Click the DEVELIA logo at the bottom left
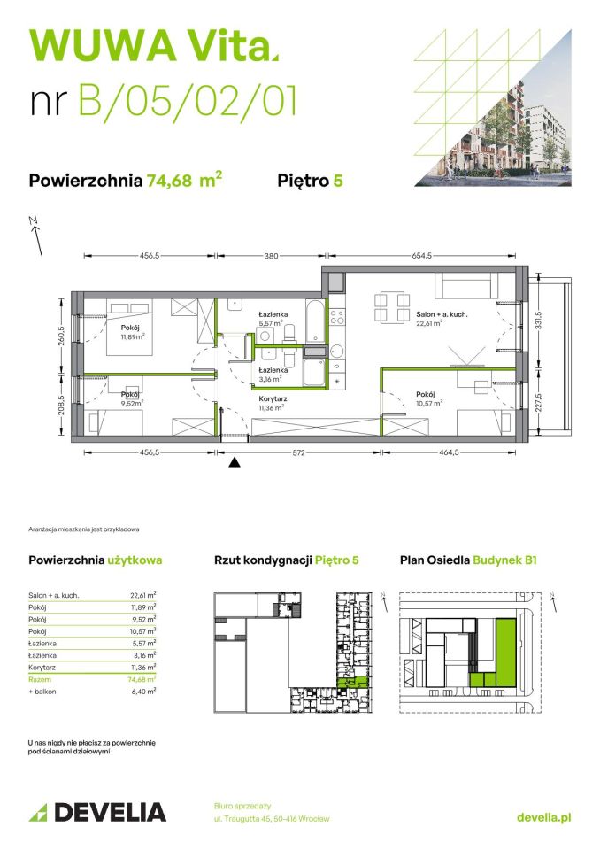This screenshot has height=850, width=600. pos(97,811)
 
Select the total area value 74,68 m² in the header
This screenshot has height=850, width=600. pos(185,181)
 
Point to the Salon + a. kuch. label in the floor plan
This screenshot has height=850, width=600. pos(441,314)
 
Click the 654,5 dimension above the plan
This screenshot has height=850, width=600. pos(420,256)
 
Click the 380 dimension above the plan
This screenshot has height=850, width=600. pos(271,256)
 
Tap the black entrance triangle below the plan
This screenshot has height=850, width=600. pos(235,461)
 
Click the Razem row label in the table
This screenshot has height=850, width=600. pos(39,677)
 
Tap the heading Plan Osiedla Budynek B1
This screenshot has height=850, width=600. pos(468,560)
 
